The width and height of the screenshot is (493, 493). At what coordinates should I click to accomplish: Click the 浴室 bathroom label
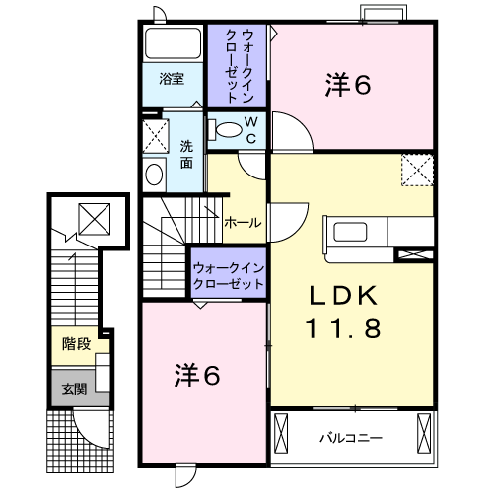click(172, 79)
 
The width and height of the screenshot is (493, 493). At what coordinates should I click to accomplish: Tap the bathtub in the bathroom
click(173, 43)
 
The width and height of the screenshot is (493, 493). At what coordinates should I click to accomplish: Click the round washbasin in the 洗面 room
click(154, 175)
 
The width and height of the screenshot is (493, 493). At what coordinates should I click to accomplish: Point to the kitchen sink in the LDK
click(350, 232)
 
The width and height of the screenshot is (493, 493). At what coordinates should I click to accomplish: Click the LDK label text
click(343, 296)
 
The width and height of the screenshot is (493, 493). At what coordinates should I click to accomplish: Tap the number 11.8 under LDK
click(344, 328)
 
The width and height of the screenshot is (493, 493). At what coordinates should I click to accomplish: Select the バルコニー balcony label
click(351, 438)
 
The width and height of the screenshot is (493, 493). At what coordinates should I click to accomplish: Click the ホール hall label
click(243, 223)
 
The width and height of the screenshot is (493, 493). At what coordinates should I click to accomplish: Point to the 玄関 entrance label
click(74, 389)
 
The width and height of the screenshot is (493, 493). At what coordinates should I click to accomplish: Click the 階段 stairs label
click(76, 344)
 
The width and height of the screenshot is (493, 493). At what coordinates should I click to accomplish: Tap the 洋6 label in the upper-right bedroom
click(348, 85)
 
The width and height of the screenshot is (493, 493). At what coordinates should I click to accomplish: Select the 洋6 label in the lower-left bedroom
click(197, 375)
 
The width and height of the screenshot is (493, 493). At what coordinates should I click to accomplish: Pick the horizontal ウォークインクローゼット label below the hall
click(229, 276)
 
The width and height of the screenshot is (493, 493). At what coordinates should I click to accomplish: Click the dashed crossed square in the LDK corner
click(417, 170)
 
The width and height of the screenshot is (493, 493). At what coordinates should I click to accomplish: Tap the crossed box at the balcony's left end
click(281, 434)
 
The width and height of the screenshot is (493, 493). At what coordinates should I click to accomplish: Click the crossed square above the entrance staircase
click(95, 219)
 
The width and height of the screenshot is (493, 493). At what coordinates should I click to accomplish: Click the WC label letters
click(251, 130)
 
